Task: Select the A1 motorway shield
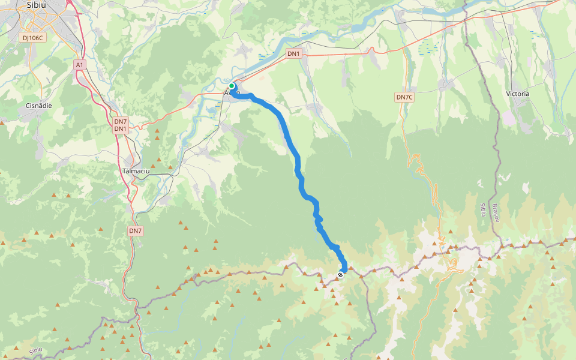(80, 64)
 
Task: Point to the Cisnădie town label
(39, 105)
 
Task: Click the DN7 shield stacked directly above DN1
(121, 121)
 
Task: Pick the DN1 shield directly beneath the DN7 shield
(121, 129)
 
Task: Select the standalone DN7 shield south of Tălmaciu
(135, 230)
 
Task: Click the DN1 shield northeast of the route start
(293, 53)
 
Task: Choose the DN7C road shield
(404, 97)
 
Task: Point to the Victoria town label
(518, 94)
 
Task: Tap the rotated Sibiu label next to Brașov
(482, 209)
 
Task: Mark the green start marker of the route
(232, 86)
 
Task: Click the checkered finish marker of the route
(340, 274)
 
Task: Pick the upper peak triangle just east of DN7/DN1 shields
(157, 130)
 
